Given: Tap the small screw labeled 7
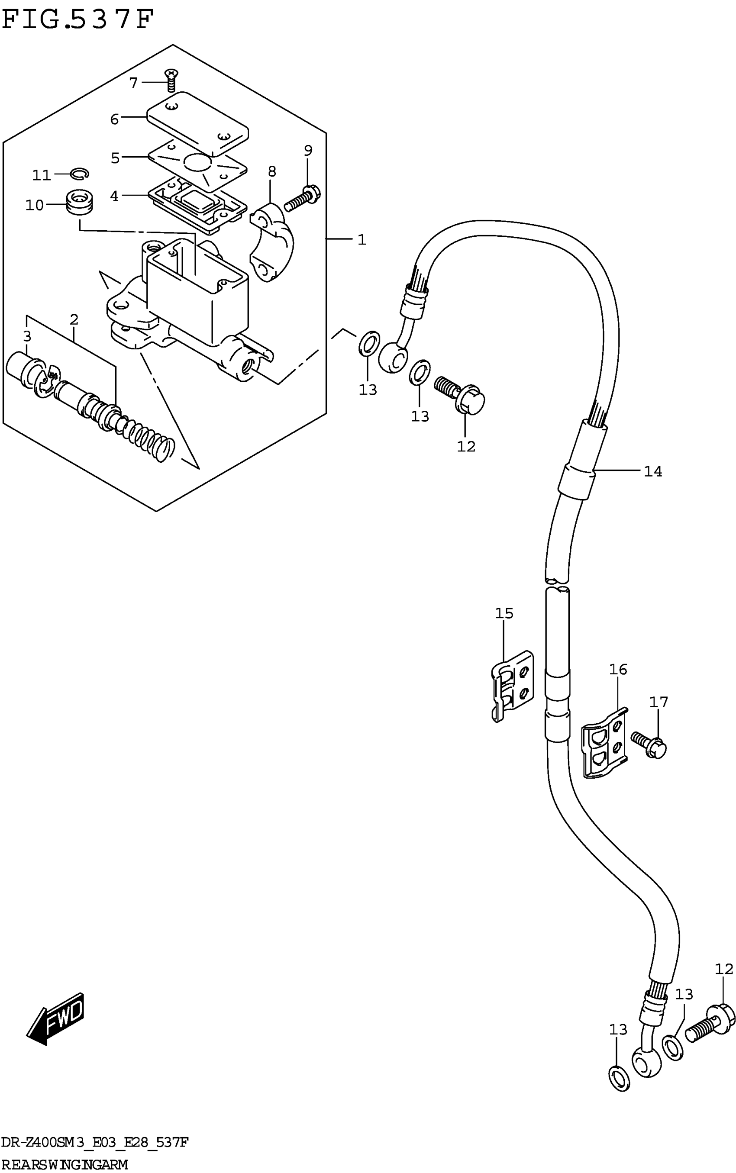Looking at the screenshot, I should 171,80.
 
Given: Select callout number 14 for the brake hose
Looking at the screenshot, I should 652,471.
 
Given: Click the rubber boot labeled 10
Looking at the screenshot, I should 79,201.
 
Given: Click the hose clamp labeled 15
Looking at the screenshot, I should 512,686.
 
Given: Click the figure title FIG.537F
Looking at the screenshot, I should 78,19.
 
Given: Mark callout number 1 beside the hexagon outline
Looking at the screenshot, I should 362,239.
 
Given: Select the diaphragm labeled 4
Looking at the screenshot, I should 197,205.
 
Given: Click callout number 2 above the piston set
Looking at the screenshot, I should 74,319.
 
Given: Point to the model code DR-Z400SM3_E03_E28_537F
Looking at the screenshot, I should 94,1141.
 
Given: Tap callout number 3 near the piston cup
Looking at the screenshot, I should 27,336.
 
